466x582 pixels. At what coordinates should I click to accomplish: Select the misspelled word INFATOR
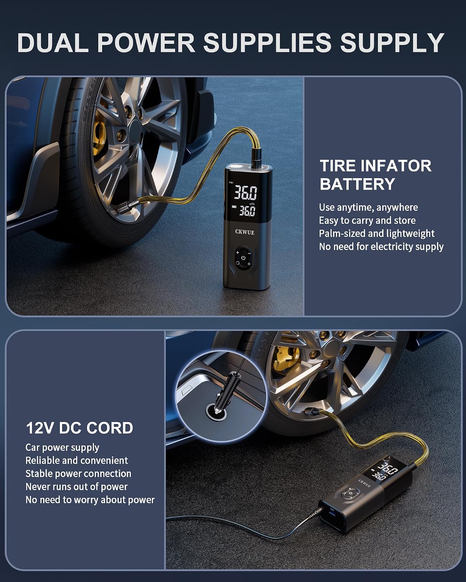(x=396, y=166)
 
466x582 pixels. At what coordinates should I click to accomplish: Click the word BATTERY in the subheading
(x=357, y=184)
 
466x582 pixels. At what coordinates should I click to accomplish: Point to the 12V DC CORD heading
(x=80, y=428)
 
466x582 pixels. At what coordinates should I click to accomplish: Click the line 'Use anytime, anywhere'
(x=369, y=208)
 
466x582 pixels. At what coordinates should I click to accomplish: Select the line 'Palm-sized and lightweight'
(x=377, y=234)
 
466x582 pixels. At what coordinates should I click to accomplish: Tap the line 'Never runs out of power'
(x=77, y=487)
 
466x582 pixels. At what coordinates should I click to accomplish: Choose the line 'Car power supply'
(x=62, y=448)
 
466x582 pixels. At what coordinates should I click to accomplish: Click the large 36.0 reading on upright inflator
(x=245, y=192)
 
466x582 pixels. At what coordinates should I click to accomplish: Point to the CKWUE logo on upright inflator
(x=245, y=232)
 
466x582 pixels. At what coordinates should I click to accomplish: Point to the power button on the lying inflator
(x=351, y=494)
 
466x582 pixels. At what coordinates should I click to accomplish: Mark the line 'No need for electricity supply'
(x=381, y=247)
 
